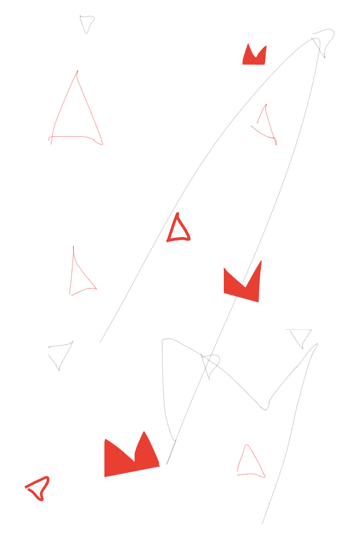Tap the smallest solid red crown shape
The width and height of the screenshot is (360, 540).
tap(254, 56)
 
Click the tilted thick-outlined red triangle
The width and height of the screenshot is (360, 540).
tap(38, 488)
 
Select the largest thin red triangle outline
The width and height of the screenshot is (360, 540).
tap(76, 117)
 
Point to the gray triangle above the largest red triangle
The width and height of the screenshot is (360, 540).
tap(87, 23)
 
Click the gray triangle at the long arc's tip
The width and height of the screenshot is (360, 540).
tap(323, 43)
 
